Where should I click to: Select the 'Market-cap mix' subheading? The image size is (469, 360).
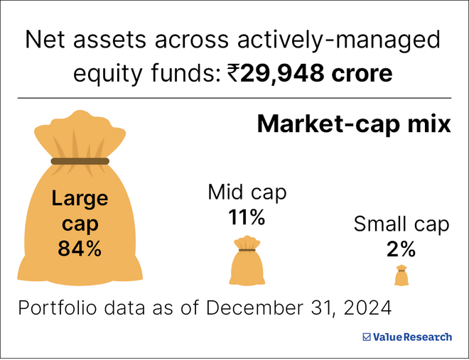[x=353, y=124]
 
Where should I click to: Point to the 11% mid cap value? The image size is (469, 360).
[x=247, y=217]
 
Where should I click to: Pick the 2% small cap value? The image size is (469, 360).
[x=401, y=249]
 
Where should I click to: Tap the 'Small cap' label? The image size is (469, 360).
[x=401, y=225]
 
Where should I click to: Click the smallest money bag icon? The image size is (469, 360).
[x=401, y=276]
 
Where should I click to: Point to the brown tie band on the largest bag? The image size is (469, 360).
[x=80, y=161]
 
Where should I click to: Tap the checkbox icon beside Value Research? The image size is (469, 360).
[x=367, y=337]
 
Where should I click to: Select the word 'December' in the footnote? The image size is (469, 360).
[x=252, y=309]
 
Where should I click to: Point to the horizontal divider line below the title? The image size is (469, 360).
[x=234, y=97]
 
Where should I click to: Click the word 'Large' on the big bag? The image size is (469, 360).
[x=80, y=198]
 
